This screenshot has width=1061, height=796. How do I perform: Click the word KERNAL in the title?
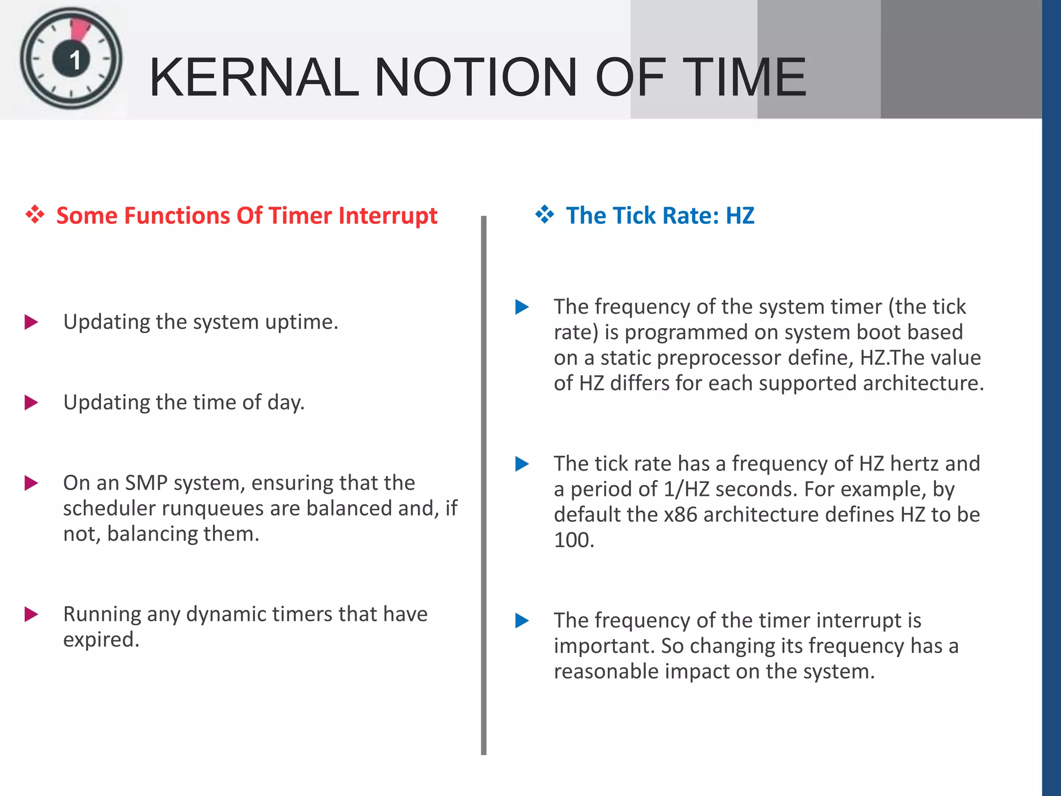click(254, 78)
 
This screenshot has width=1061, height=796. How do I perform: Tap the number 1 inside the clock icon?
click(75, 60)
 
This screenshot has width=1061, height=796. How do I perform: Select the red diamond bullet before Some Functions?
click(35, 215)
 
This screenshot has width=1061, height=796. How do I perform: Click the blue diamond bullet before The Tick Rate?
click(544, 215)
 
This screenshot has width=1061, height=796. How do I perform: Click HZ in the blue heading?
click(740, 216)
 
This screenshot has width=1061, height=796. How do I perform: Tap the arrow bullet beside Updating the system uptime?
click(32, 322)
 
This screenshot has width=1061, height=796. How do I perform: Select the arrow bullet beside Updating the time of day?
click(32, 403)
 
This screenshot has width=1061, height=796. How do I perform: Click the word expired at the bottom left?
click(101, 640)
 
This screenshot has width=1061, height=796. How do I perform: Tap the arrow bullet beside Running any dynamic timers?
click(32, 615)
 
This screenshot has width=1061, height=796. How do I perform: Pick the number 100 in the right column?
click(572, 540)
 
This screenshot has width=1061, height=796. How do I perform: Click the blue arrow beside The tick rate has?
click(522, 464)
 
